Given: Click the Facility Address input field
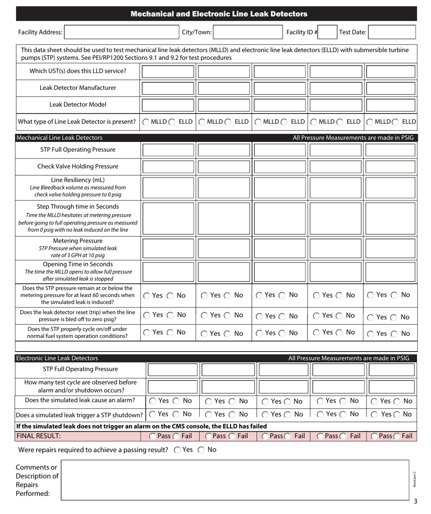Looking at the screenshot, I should point(122,32).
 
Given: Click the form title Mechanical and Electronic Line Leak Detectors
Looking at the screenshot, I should point(215,14).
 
